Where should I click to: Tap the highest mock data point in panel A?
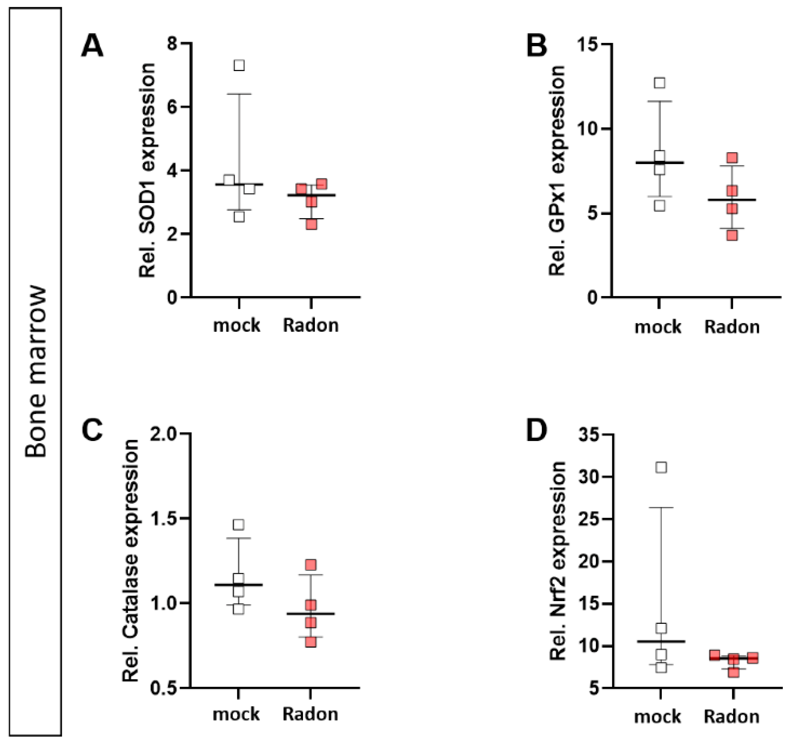(x=239, y=65)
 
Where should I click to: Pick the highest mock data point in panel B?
(x=660, y=83)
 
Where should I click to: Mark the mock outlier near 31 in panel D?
(x=661, y=467)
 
